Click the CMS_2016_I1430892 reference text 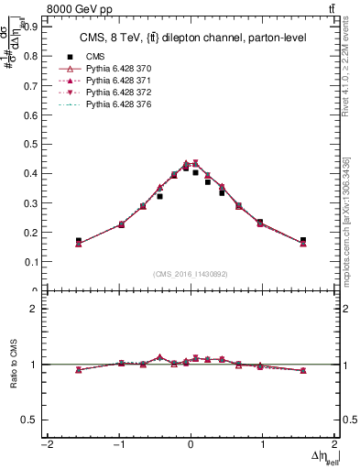[191, 274]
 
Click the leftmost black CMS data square [79, 241]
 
